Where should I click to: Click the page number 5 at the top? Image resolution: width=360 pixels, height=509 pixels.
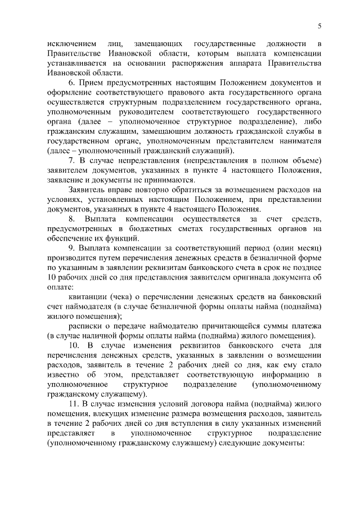coord(319,26)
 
